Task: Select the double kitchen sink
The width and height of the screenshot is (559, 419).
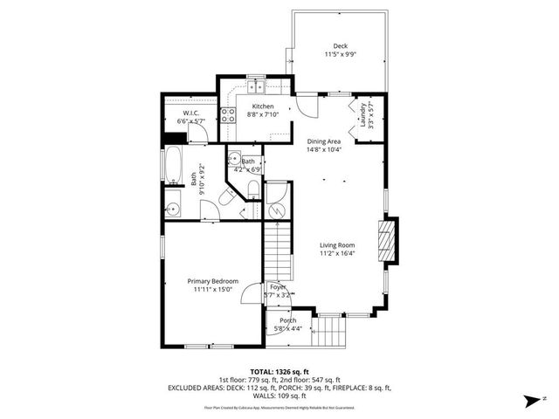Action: (x=255, y=87)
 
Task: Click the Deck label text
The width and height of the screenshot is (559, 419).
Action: (x=339, y=46)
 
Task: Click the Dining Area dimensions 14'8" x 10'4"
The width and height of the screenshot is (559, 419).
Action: (x=323, y=149)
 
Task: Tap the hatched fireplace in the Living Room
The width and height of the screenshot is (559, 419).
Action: (x=385, y=239)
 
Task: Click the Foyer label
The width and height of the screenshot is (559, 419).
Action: (x=278, y=287)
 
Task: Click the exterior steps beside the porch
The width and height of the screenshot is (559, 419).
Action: (x=328, y=332)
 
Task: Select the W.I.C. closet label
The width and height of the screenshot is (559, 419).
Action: (x=190, y=113)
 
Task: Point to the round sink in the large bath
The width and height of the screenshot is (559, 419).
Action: (x=173, y=208)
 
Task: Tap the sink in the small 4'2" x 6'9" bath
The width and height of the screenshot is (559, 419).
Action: (x=235, y=159)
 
